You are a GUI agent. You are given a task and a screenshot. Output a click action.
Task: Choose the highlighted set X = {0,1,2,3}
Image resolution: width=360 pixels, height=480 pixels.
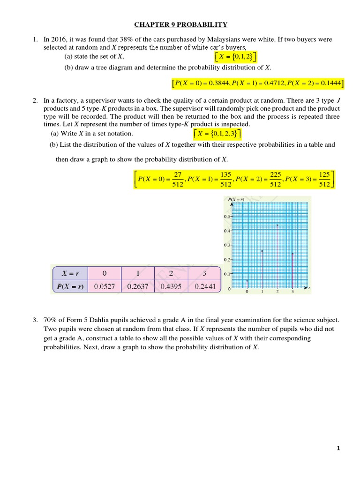[219, 134]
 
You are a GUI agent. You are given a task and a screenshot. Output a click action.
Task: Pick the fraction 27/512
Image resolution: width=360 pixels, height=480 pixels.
[178, 179]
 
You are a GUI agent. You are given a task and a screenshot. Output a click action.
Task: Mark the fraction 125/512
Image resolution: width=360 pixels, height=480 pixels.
[324, 179]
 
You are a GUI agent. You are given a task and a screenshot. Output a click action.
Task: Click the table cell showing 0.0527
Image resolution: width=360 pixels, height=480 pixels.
[104, 286]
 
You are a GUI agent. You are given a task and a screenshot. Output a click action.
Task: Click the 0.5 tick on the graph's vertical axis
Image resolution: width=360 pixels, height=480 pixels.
[226, 217]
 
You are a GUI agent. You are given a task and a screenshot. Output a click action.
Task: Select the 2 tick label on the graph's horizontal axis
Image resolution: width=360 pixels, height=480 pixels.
[277, 292]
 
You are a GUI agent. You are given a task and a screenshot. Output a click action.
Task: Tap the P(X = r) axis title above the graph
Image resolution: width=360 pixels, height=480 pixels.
[236, 200]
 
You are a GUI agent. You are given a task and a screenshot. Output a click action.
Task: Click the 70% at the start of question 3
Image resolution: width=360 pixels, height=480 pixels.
[50, 320]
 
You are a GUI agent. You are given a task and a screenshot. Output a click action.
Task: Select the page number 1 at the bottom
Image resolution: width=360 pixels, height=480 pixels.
[337, 449]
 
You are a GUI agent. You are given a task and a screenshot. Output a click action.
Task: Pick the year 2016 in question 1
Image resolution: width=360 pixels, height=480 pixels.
[59, 39]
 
